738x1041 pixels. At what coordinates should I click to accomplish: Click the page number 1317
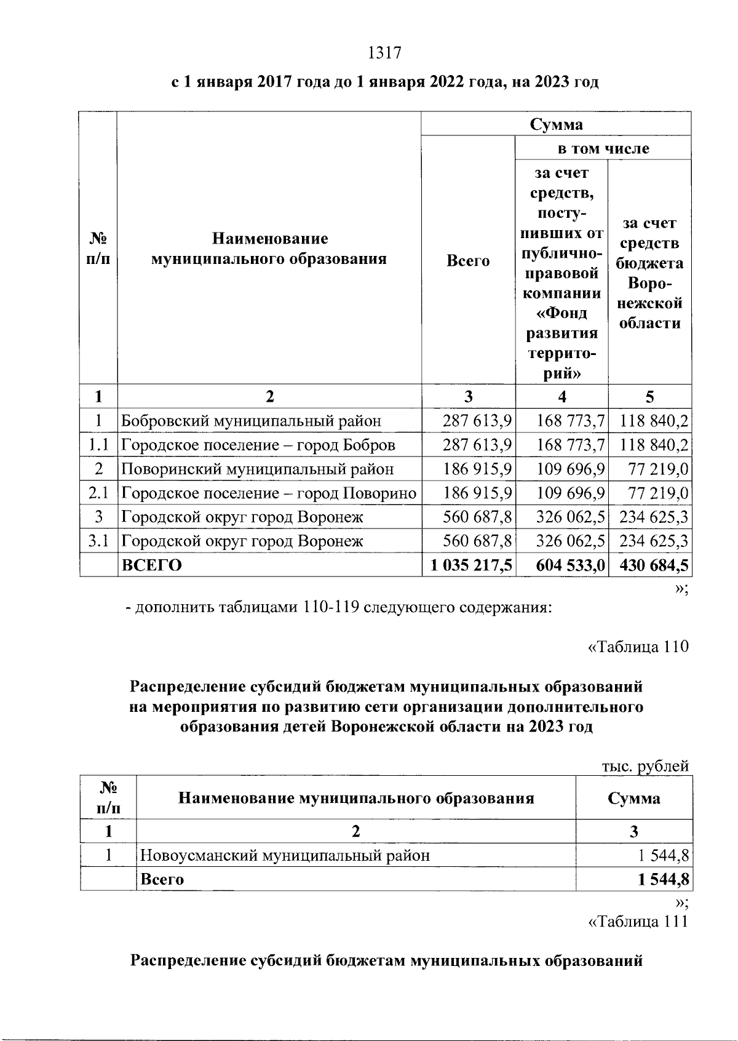tap(384, 54)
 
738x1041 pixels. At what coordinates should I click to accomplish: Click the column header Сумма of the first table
tap(556, 124)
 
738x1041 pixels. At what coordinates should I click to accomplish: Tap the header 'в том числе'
tap(603, 148)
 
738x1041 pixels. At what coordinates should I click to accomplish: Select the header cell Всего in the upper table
tap(468, 261)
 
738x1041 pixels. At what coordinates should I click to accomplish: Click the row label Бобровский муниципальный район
tap(251, 421)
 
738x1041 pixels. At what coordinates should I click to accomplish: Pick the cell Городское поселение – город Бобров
tap(258, 445)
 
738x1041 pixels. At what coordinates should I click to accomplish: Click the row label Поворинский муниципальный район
tap(257, 469)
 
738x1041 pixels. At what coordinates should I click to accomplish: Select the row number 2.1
tap(98, 493)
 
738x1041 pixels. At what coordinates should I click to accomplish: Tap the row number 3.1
tap(98, 541)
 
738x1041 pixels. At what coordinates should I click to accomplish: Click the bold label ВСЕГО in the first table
tap(152, 565)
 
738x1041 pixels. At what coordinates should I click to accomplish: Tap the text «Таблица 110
tap(638, 647)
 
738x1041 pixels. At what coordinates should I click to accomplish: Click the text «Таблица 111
tap(638, 922)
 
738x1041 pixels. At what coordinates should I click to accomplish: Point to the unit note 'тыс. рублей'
tap(645, 767)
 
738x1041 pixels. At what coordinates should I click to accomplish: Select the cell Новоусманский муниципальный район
tap(285, 855)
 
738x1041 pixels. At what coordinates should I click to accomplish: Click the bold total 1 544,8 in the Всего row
tap(664, 879)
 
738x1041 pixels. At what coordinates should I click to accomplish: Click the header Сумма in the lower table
tap(634, 799)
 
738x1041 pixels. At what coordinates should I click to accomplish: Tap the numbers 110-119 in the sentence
tap(331, 608)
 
